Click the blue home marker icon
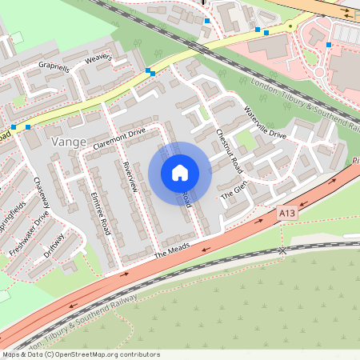(x=179, y=172)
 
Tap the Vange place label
(x=68, y=142)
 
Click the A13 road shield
(x=287, y=214)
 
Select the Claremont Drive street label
(x=119, y=138)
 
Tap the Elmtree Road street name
(x=100, y=211)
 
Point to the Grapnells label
(x=54, y=69)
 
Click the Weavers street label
(x=98, y=58)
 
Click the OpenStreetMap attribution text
(x=82, y=354)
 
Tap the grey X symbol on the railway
(x=282, y=250)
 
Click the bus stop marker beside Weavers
(x=150, y=72)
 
